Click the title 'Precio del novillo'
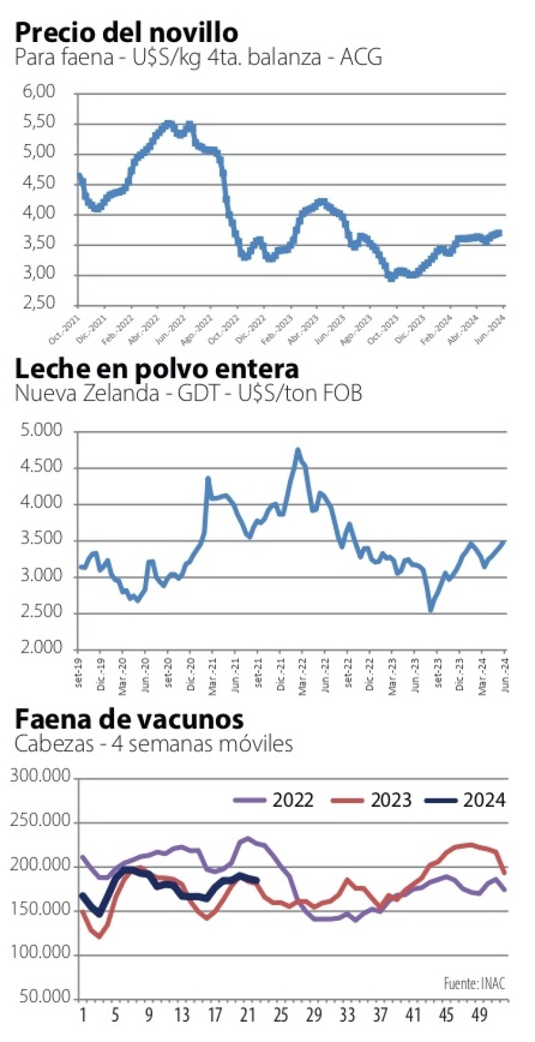[126, 32]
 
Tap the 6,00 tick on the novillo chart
[39, 92]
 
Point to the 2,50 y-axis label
[39, 303]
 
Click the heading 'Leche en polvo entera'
[157, 368]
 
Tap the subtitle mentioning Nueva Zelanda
[189, 393]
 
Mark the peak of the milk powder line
[297, 450]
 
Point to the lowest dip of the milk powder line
[431, 610]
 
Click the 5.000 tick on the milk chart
[42, 431]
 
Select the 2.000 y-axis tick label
[42, 648]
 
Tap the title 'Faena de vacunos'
[129, 719]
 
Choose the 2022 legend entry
[274, 800]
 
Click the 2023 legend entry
[372, 800]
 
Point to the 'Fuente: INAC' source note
[474, 983]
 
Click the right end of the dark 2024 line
[257, 881]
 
